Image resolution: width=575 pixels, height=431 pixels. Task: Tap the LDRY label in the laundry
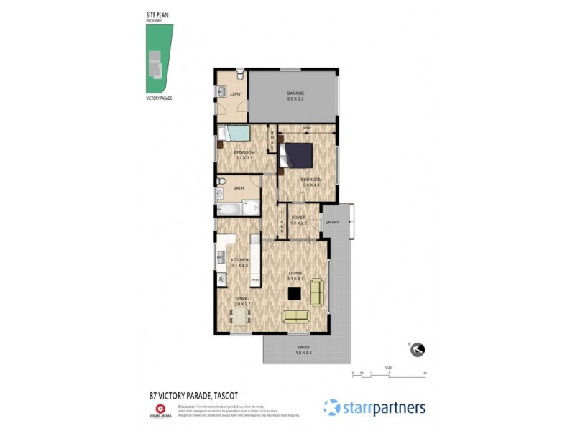tap(234, 94)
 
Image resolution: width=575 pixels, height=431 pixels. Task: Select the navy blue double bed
tap(296, 154)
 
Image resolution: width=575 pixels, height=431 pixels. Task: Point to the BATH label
tap(238, 188)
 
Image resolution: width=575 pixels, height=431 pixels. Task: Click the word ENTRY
tap(332, 222)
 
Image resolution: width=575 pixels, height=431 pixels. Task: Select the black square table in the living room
tap(294, 292)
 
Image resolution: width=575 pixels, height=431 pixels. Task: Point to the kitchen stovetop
tap(221, 278)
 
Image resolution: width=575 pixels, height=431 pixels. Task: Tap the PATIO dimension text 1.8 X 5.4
tap(305, 353)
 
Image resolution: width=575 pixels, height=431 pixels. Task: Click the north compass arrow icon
tap(417, 350)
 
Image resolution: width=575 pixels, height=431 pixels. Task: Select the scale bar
tap(389, 374)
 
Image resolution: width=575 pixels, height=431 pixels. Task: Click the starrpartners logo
tap(374, 407)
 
